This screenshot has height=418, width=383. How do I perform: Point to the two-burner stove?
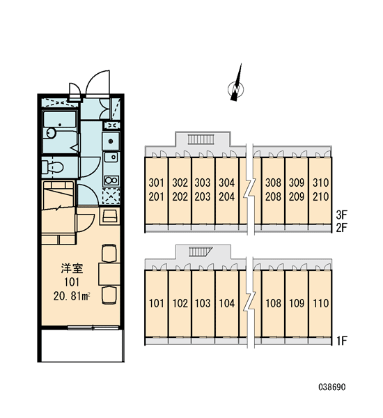tap(111, 180)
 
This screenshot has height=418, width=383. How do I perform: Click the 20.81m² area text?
tap(72, 296)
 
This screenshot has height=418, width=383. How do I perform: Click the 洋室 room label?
tap(72, 268)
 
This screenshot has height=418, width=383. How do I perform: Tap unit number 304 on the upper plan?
tap(227, 183)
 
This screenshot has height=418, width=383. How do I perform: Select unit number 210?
tap(320, 196)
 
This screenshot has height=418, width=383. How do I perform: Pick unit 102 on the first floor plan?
tap(180, 303)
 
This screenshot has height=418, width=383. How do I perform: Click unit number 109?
tap(297, 303)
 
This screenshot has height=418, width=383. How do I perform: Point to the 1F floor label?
tap(341, 341)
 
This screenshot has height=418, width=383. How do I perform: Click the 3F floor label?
tap(341, 214)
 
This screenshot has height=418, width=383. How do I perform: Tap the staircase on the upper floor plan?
tap(201, 139)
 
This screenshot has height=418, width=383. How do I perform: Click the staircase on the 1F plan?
tap(201, 251)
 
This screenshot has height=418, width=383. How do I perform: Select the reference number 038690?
tap(332, 387)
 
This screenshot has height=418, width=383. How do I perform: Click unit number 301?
tap(157, 183)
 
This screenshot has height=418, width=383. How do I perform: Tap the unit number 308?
tap(273, 183)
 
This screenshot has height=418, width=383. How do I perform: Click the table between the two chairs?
tap(109, 274)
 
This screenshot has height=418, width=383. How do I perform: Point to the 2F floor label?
tap(341, 228)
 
